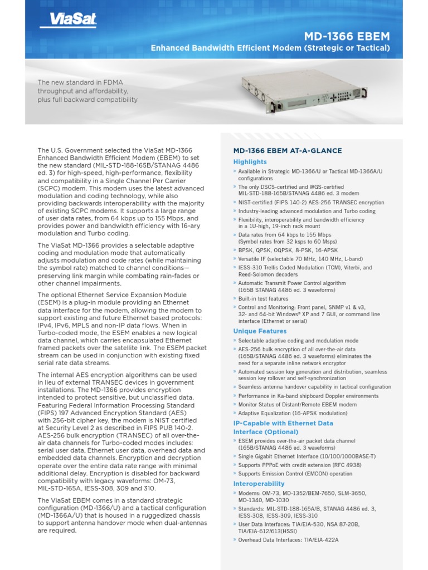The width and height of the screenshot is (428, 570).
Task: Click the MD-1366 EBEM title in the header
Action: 354,37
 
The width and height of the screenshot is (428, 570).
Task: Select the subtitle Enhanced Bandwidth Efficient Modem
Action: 270,49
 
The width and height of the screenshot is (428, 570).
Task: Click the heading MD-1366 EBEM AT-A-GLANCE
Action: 288,151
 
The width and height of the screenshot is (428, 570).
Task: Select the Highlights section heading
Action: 250,162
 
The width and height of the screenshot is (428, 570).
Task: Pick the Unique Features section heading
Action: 260,331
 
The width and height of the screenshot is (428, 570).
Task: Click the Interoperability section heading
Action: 259,484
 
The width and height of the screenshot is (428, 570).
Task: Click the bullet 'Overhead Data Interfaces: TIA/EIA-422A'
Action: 288,539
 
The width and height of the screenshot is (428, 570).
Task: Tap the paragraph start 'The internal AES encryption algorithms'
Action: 117,375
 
